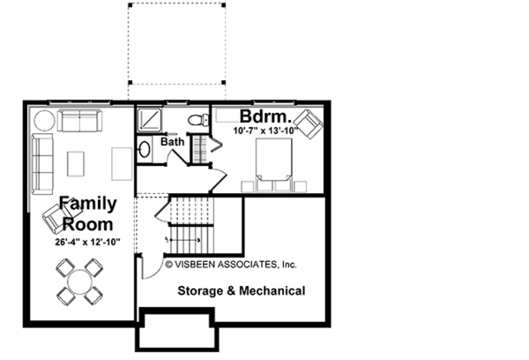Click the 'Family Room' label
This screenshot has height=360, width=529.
(87, 214)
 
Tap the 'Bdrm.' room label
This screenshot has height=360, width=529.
(265, 116)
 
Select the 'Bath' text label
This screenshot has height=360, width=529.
(173, 141)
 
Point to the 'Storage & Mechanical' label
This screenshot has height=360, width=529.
(242, 291)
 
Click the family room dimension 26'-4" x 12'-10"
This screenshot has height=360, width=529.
(87, 242)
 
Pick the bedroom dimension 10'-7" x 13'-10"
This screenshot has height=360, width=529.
(266, 131)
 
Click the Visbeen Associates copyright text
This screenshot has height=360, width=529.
(231, 264)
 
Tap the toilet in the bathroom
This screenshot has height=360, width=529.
(198, 120)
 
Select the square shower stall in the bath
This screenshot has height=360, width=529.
(150, 119)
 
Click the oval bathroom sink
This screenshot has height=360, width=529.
(145, 149)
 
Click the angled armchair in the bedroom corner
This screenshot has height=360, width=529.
(309, 124)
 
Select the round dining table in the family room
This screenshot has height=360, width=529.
(79, 282)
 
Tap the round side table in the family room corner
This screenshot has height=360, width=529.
(44, 121)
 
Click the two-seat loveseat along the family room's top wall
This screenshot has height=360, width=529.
(80, 121)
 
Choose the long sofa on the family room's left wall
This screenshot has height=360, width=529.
(42, 164)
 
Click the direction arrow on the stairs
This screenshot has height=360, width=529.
(184, 240)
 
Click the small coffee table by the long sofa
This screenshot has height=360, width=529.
(76, 164)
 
